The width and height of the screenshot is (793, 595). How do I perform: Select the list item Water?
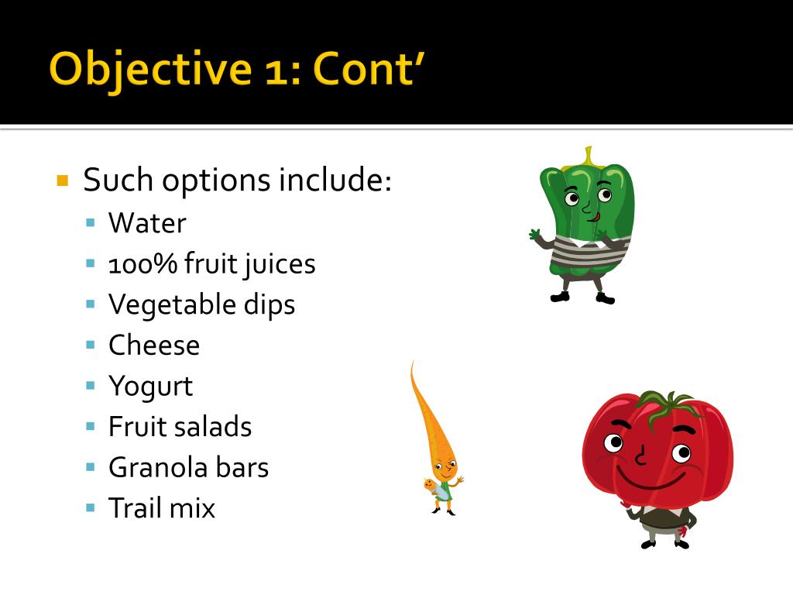[x=147, y=223]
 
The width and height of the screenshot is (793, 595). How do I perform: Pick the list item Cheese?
[x=154, y=345]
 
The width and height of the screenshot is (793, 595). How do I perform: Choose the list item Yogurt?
[x=150, y=386]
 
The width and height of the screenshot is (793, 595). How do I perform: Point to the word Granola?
[x=158, y=467]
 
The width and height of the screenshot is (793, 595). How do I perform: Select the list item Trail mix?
[x=162, y=508]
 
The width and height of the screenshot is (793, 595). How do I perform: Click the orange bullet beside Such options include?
[x=63, y=181]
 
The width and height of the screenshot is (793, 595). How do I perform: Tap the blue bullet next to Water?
[x=91, y=222]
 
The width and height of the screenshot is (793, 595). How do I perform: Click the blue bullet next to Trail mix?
[x=91, y=507]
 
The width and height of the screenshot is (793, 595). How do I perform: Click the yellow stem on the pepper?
[x=589, y=156]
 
